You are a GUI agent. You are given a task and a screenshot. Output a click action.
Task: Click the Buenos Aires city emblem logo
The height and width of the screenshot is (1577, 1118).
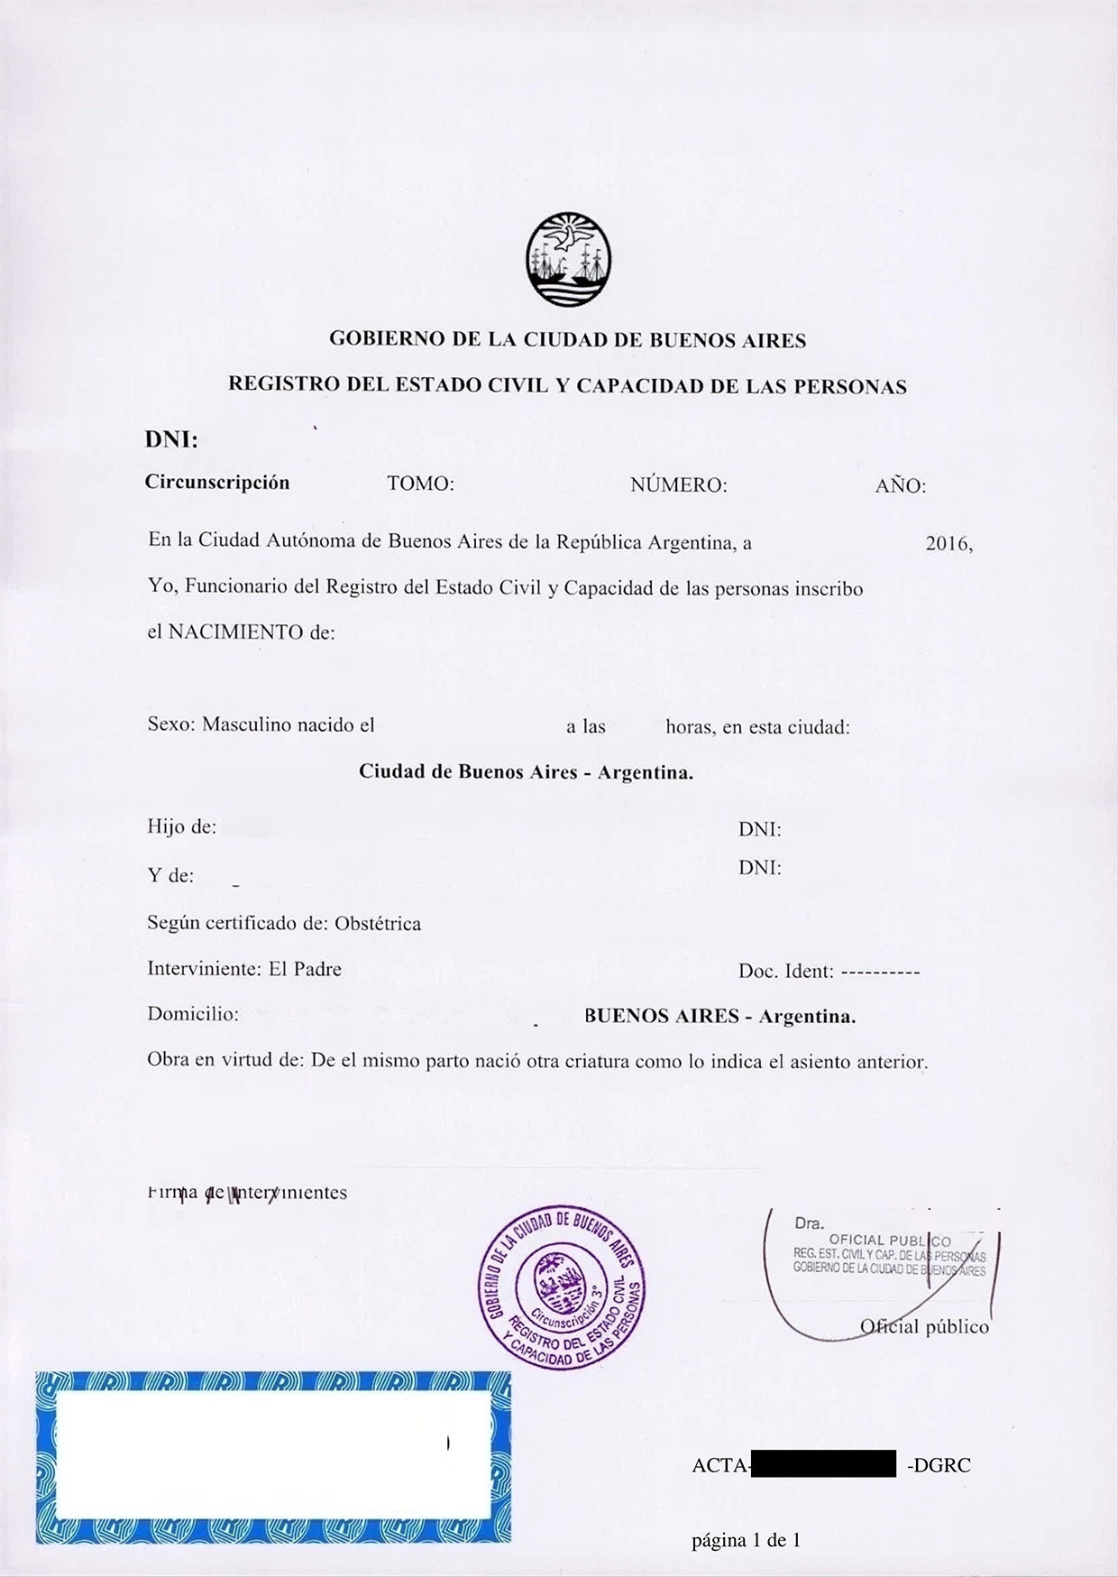click(x=569, y=259)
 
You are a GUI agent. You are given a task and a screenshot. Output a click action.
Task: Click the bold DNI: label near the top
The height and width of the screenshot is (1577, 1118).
click(x=171, y=440)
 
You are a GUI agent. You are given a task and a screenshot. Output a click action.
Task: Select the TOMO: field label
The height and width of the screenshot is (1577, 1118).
click(x=420, y=484)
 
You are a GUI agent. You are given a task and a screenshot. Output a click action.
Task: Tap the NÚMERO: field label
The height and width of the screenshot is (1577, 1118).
click(x=678, y=485)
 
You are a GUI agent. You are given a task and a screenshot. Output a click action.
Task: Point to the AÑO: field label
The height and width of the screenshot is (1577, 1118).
click(x=900, y=486)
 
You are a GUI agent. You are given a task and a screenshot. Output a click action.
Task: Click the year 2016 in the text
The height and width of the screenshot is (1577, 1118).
click(x=948, y=544)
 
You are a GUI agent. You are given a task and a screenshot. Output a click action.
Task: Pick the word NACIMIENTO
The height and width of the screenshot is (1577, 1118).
click(x=236, y=632)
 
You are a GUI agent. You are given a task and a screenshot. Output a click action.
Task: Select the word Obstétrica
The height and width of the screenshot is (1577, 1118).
click(x=378, y=924)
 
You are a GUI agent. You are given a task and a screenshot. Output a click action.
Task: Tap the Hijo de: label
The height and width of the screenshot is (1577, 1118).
click(x=182, y=826)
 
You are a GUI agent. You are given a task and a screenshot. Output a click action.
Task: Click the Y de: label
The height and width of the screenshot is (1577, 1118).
click(x=170, y=875)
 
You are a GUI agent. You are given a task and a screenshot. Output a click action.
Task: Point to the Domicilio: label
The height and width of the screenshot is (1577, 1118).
click(x=193, y=1014)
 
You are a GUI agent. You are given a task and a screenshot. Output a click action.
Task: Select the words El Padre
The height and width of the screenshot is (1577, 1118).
click(x=305, y=969)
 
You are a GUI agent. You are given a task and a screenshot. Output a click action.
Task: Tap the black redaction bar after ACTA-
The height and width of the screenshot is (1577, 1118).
click(x=822, y=1463)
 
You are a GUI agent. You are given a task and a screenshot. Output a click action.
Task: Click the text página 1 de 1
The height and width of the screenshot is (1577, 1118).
click(x=746, y=1540)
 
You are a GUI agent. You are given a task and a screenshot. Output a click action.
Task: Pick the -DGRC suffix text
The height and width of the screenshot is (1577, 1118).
click(x=939, y=1465)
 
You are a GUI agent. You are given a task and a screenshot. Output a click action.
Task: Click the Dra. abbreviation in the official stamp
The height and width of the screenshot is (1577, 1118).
click(x=809, y=1223)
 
